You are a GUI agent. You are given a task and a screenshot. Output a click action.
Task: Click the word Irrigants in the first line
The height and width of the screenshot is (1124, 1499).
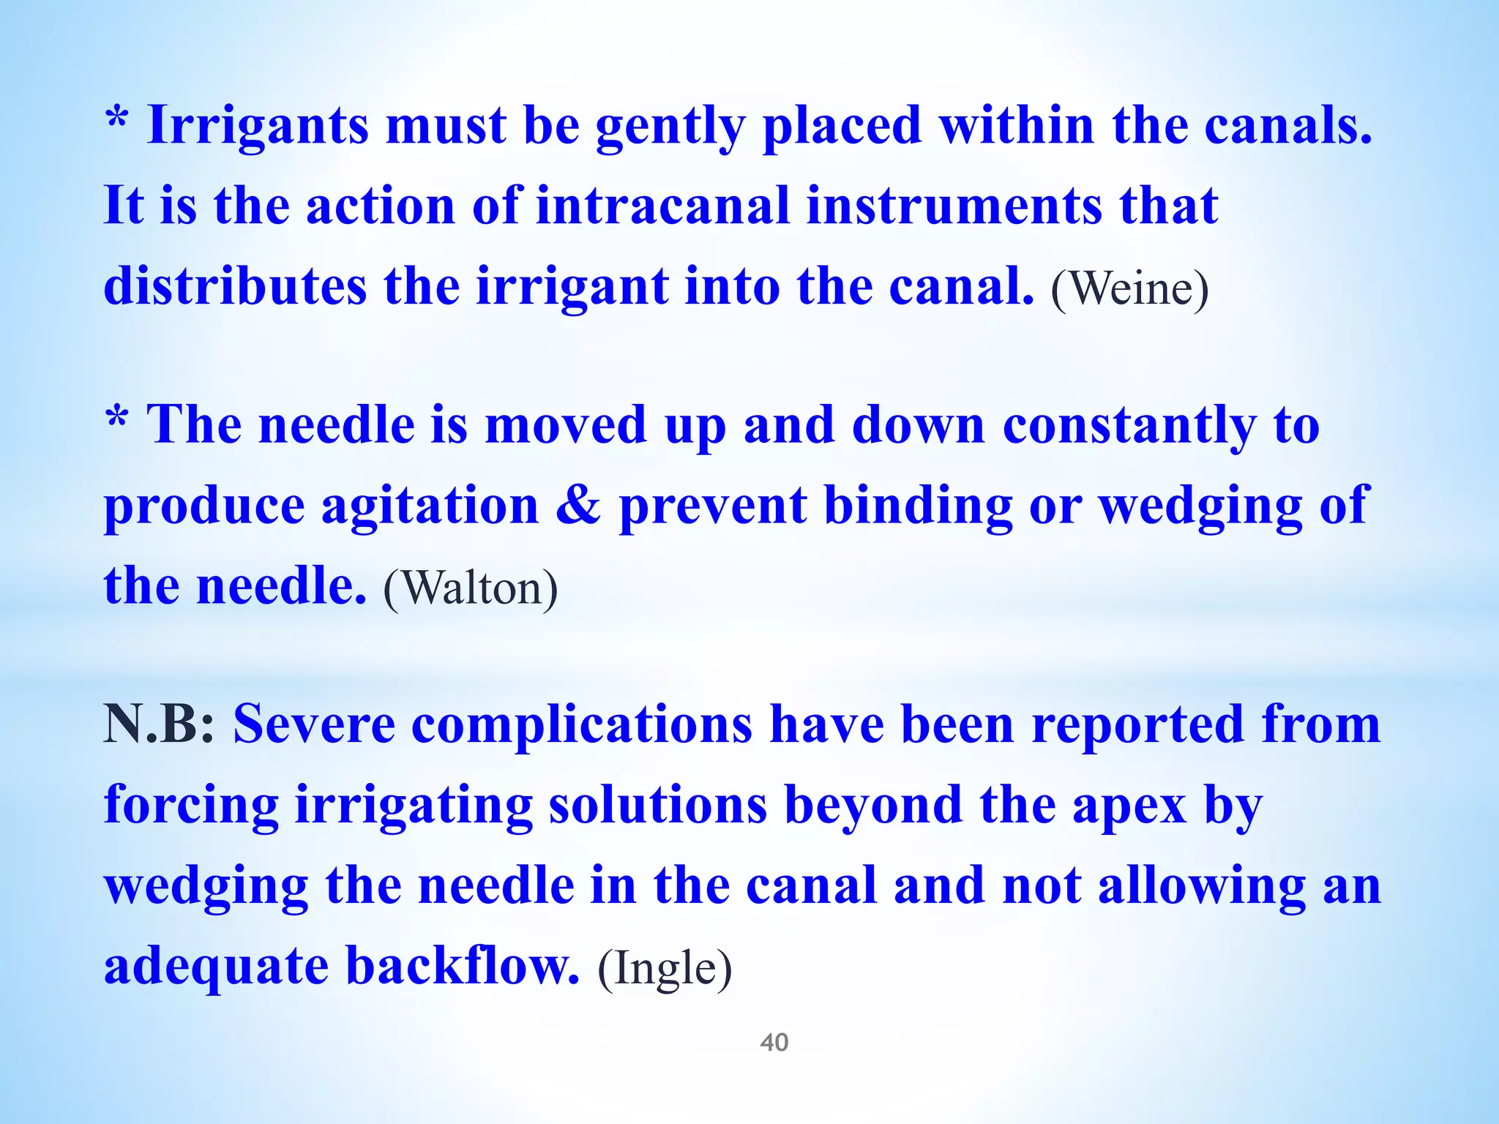pyautogui.click(x=258, y=126)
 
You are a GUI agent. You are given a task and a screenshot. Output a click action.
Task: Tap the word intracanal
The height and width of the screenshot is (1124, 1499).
pyautogui.click(x=662, y=206)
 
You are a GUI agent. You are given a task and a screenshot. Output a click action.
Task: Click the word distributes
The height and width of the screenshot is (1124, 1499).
pyautogui.click(x=235, y=286)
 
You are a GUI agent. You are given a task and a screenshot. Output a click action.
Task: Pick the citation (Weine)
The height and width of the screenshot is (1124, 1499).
pyautogui.click(x=1129, y=289)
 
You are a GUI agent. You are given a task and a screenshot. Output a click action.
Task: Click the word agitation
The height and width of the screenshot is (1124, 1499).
pyautogui.click(x=430, y=506)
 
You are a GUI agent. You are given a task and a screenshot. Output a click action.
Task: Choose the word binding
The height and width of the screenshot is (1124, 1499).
pyautogui.click(x=918, y=506)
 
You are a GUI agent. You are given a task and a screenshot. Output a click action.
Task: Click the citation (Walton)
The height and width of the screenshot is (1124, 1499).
pyautogui.click(x=470, y=588)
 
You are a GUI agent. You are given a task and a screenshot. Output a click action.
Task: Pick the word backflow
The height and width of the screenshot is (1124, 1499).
pyautogui.click(x=463, y=966)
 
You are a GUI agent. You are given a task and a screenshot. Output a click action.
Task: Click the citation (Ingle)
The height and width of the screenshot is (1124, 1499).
pyautogui.click(x=665, y=969)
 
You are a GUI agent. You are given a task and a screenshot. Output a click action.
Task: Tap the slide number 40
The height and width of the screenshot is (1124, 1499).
pyautogui.click(x=774, y=1042)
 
